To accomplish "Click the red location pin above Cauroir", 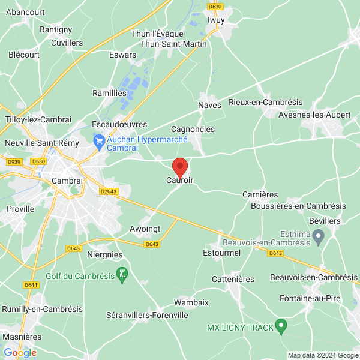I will pyautogui.click(x=180, y=166).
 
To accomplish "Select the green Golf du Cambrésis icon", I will pyautogui.click(x=122, y=275).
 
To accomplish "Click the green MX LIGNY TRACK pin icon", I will pyautogui.click(x=280, y=327).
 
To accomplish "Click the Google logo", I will pyautogui.click(x=20, y=353).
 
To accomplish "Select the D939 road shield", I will pyautogui.click(x=13, y=161).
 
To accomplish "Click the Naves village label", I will pyautogui.click(x=209, y=105).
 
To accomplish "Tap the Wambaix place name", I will pyautogui.click(x=191, y=302).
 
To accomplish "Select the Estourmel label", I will pyautogui.click(x=221, y=253).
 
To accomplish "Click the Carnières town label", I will pyautogui.click(x=260, y=194).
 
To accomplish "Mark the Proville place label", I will pyautogui.click(x=20, y=209).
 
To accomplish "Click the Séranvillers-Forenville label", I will pyautogui.click(x=146, y=315).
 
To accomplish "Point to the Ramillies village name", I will pyautogui.click(x=109, y=93).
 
